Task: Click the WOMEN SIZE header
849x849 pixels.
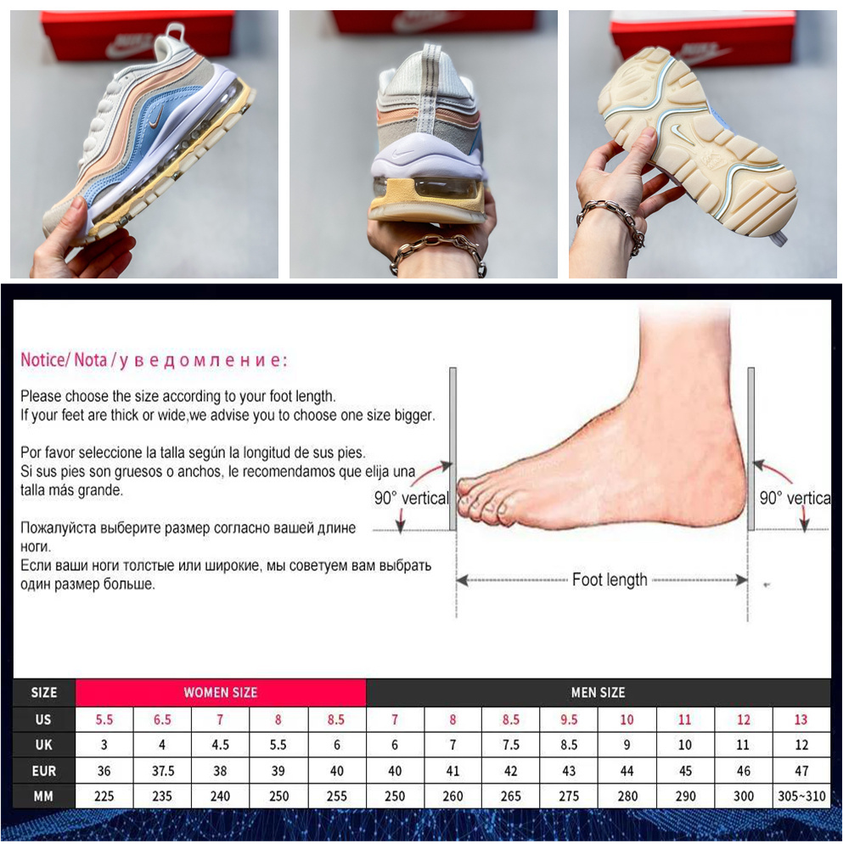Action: [221, 693]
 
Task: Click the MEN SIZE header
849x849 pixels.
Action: [598, 693]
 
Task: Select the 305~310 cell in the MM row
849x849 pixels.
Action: [801, 796]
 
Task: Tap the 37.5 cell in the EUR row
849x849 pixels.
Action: [162, 771]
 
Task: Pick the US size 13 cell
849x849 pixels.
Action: [801, 720]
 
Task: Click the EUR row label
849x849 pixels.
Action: [43, 771]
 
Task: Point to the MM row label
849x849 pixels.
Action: [43, 796]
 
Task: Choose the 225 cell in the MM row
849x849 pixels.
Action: [104, 796]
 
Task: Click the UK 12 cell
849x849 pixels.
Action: [801, 745]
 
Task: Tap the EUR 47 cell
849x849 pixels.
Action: [801, 771]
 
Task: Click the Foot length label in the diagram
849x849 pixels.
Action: [610, 580]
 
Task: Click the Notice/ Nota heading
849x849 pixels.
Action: [64, 360]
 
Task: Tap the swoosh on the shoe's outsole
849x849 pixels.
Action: [678, 130]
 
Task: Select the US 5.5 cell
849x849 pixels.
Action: [104, 720]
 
